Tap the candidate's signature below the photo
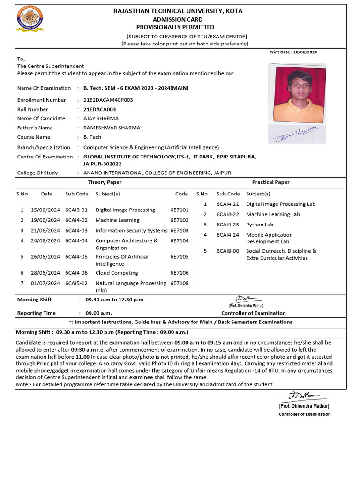296,134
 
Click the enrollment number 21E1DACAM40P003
108,100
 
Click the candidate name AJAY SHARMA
101,118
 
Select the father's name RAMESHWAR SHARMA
112,127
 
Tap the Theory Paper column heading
105,182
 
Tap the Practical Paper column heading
270,182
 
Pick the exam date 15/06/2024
45,210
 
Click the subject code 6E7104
179,240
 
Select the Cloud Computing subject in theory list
117,273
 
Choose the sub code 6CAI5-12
76,283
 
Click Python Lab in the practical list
260,225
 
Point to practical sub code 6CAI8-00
227,251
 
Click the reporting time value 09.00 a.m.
98,313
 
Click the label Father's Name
35,127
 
